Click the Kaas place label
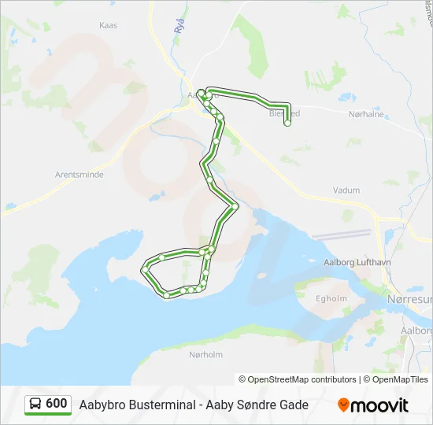[108, 25]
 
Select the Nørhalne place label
[365, 113]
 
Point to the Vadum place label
[346, 190]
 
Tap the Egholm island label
[331, 298]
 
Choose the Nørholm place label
[206, 354]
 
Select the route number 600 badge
[56, 404]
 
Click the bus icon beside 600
[36, 405]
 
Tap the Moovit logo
[373, 405]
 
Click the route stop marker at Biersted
[288, 123]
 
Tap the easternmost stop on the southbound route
[235, 206]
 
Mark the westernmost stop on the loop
[145, 270]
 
